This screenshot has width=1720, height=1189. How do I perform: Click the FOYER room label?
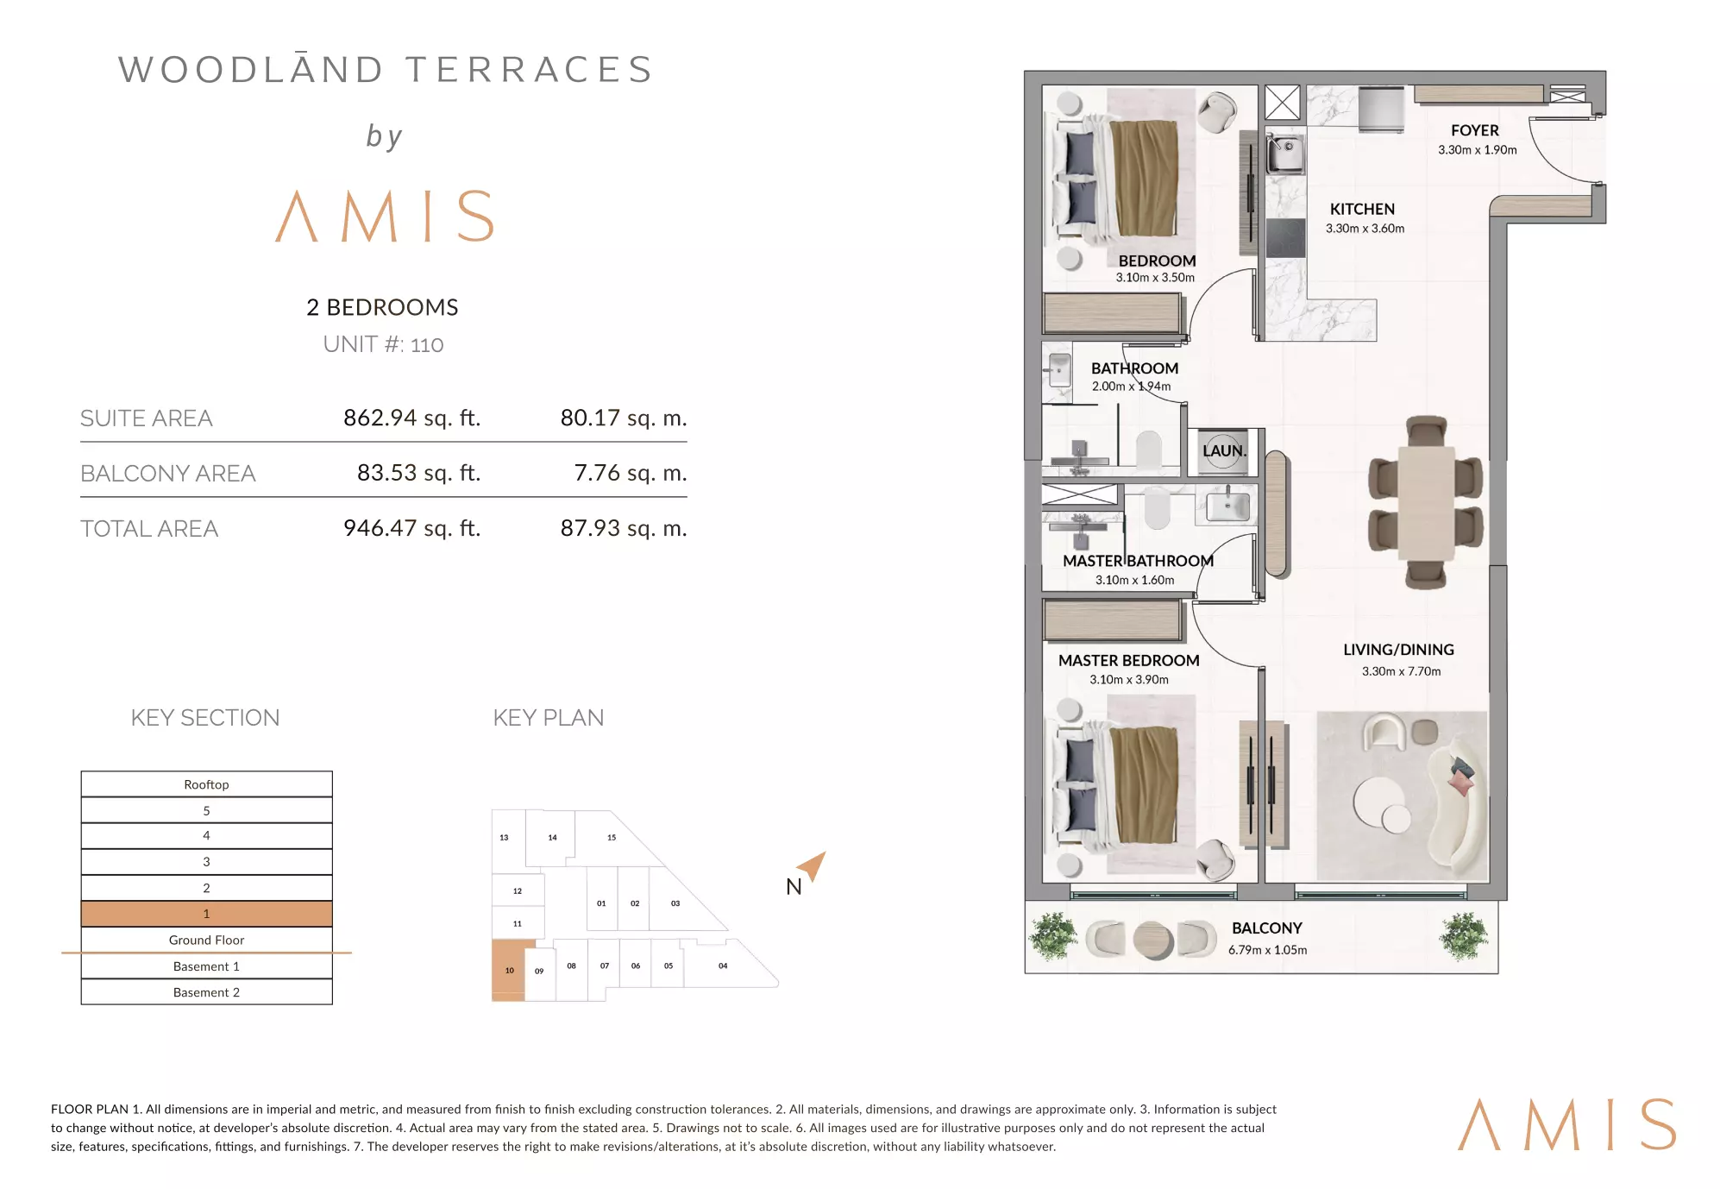(x=1474, y=130)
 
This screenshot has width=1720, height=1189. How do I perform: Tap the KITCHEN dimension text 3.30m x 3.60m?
(x=1365, y=229)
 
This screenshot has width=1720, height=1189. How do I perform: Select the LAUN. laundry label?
(x=1224, y=450)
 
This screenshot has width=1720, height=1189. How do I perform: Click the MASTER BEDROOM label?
(x=1128, y=660)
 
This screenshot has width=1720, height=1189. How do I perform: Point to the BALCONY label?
(x=1266, y=928)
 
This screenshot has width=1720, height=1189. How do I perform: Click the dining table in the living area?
(x=1425, y=502)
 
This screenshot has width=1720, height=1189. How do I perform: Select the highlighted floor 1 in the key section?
(x=206, y=913)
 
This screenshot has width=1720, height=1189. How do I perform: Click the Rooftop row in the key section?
(x=206, y=784)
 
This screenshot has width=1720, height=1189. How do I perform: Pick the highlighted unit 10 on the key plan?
(x=508, y=970)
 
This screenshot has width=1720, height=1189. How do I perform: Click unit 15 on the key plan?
(x=612, y=837)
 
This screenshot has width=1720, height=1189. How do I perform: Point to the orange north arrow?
(x=813, y=865)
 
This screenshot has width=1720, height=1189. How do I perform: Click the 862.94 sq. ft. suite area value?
(x=411, y=418)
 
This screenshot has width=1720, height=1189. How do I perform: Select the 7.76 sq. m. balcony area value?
(x=631, y=473)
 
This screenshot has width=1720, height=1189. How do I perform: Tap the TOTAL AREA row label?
(x=149, y=528)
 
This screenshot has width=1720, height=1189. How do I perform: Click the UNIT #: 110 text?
(x=383, y=344)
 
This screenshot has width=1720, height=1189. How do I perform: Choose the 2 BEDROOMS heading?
(x=382, y=307)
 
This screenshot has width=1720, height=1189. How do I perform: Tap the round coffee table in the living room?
(x=1378, y=800)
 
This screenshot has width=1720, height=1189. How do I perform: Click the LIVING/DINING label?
(x=1398, y=650)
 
